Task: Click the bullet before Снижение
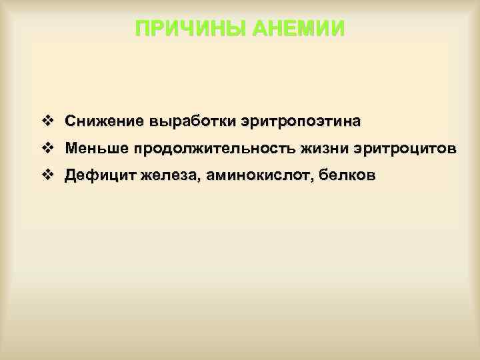pos(47,122)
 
